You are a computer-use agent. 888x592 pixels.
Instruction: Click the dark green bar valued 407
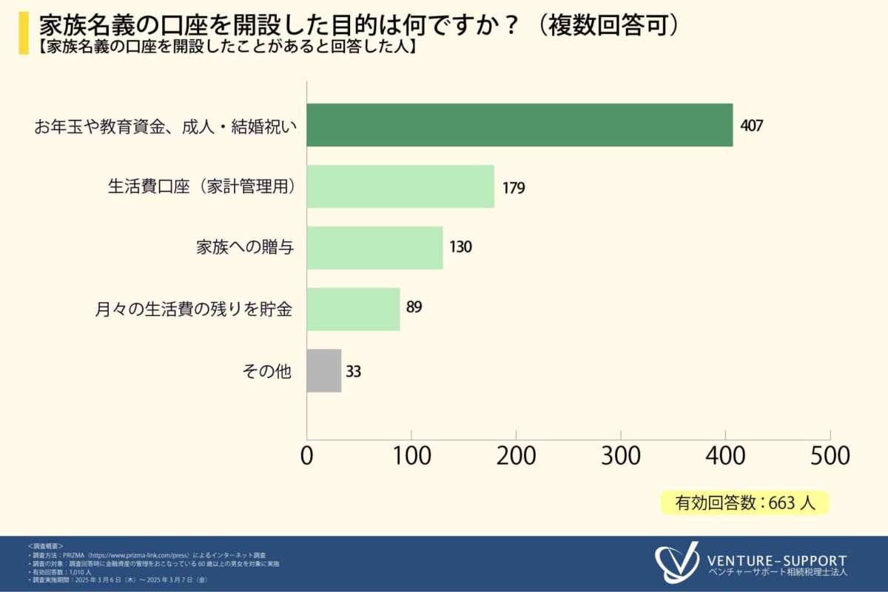click(519, 125)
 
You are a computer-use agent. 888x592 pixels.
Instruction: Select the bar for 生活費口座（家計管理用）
click(400, 186)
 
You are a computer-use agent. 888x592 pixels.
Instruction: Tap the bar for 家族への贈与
click(374, 248)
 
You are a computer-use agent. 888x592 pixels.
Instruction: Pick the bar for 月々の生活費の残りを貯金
click(353, 309)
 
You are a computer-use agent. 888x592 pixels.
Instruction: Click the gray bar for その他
click(324, 371)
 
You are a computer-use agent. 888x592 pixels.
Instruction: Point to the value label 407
click(751, 125)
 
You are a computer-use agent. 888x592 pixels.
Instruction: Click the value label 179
click(513, 187)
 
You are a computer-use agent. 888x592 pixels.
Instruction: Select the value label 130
click(460, 247)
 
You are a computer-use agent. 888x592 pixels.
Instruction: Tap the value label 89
click(414, 307)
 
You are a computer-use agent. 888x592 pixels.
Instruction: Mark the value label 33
click(354, 371)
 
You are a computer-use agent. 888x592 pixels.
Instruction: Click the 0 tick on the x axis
click(307, 455)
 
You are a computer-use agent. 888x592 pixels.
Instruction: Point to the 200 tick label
click(516, 455)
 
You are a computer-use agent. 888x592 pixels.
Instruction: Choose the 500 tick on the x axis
click(830, 455)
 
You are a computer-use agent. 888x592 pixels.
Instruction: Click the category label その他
click(267, 371)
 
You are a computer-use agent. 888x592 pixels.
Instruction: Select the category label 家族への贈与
click(245, 248)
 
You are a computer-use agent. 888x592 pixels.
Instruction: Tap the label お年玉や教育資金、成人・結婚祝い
click(165, 126)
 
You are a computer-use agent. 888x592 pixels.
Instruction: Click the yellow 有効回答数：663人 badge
click(744, 503)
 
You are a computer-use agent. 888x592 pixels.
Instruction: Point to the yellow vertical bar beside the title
click(24, 32)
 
